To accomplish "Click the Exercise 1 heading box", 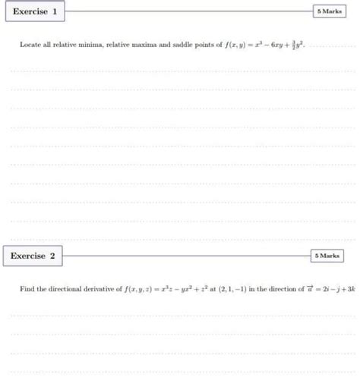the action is (x=35, y=12).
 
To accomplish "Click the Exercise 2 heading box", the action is (x=33, y=256).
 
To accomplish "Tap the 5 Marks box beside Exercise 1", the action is (x=328, y=12).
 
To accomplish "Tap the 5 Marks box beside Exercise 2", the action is (x=327, y=256).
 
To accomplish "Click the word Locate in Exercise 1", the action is (x=29, y=46).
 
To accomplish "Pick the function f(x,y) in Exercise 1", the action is (x=231, y=46).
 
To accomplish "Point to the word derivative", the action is (x=102, y=290).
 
